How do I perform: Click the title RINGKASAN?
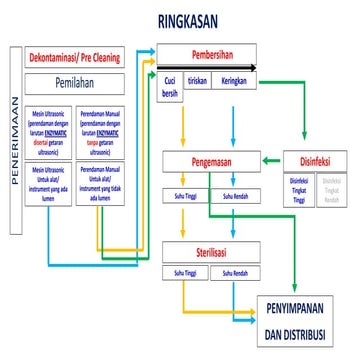click(x=197, y=21)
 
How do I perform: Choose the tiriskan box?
click(x=198, y=84)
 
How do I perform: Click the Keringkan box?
click(x=234, y=84)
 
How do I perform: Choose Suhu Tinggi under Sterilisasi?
click(x=184, y=273)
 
